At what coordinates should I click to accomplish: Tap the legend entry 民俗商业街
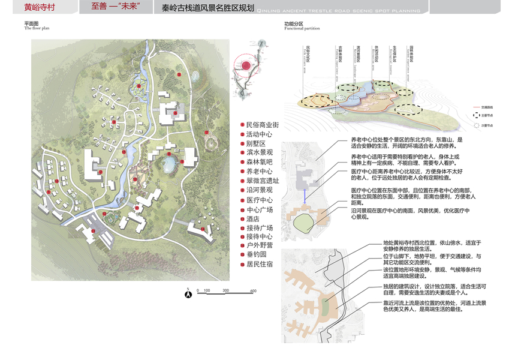[263, 125]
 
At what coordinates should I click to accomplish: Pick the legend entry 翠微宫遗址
[263, 181]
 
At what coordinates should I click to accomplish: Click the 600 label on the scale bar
[253, 290]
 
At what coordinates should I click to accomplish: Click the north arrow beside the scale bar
[188, 293]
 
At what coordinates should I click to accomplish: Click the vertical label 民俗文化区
[308, 54]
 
